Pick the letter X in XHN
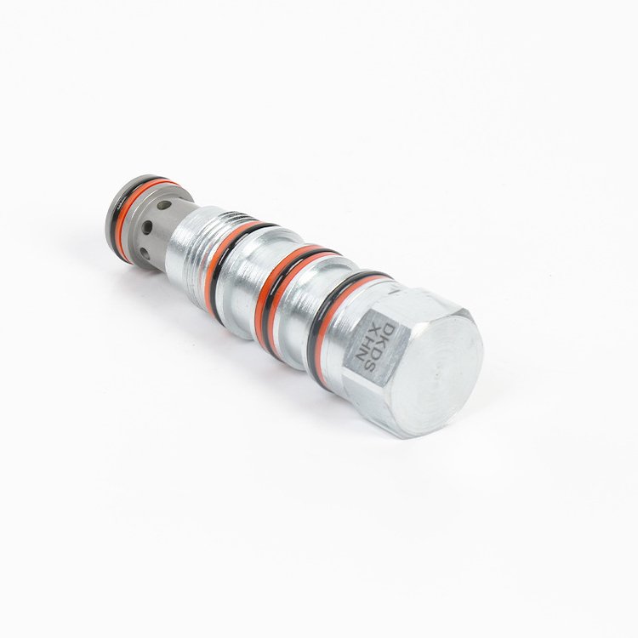pos(367,330)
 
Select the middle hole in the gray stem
pos(147,226)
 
